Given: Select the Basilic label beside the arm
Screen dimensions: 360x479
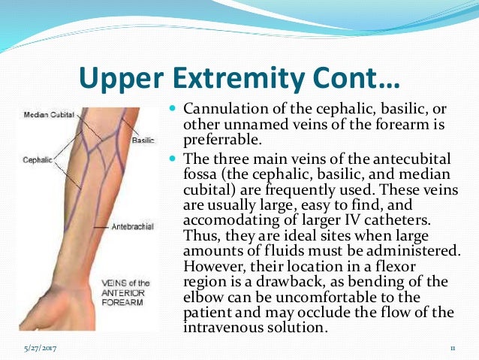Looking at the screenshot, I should click(142, 141).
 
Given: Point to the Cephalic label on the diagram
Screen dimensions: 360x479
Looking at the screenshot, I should click(37, 159).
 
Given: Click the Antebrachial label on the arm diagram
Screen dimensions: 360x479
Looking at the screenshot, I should click(132, 225).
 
